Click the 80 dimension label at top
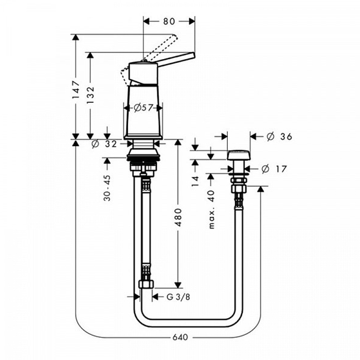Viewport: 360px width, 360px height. (169, 22)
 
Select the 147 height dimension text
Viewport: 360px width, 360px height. (76, 90)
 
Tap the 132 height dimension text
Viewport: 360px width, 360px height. (91, 95)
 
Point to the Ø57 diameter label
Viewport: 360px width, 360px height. (143, 107)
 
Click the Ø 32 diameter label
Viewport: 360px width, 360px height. (104, 144)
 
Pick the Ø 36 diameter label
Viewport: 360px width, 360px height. (279, 137)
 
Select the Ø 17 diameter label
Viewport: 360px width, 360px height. (274, 169)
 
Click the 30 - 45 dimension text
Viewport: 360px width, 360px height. (107, 188)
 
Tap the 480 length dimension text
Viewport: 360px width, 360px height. (178, 218)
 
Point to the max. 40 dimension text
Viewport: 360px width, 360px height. (211, 210)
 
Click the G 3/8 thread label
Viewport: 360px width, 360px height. (178, 297)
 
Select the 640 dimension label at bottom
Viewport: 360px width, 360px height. (180, 337)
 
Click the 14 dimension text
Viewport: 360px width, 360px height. (195, 181)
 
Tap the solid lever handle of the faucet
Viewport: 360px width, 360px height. (176, 60)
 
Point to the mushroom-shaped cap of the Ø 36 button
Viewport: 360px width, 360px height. (238, 155)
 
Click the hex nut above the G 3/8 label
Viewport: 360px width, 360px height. (146, 284)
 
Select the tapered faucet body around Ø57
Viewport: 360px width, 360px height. (143, 112)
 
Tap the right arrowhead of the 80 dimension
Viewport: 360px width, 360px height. (192, 22)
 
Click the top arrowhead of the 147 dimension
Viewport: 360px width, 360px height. (76, 38)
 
